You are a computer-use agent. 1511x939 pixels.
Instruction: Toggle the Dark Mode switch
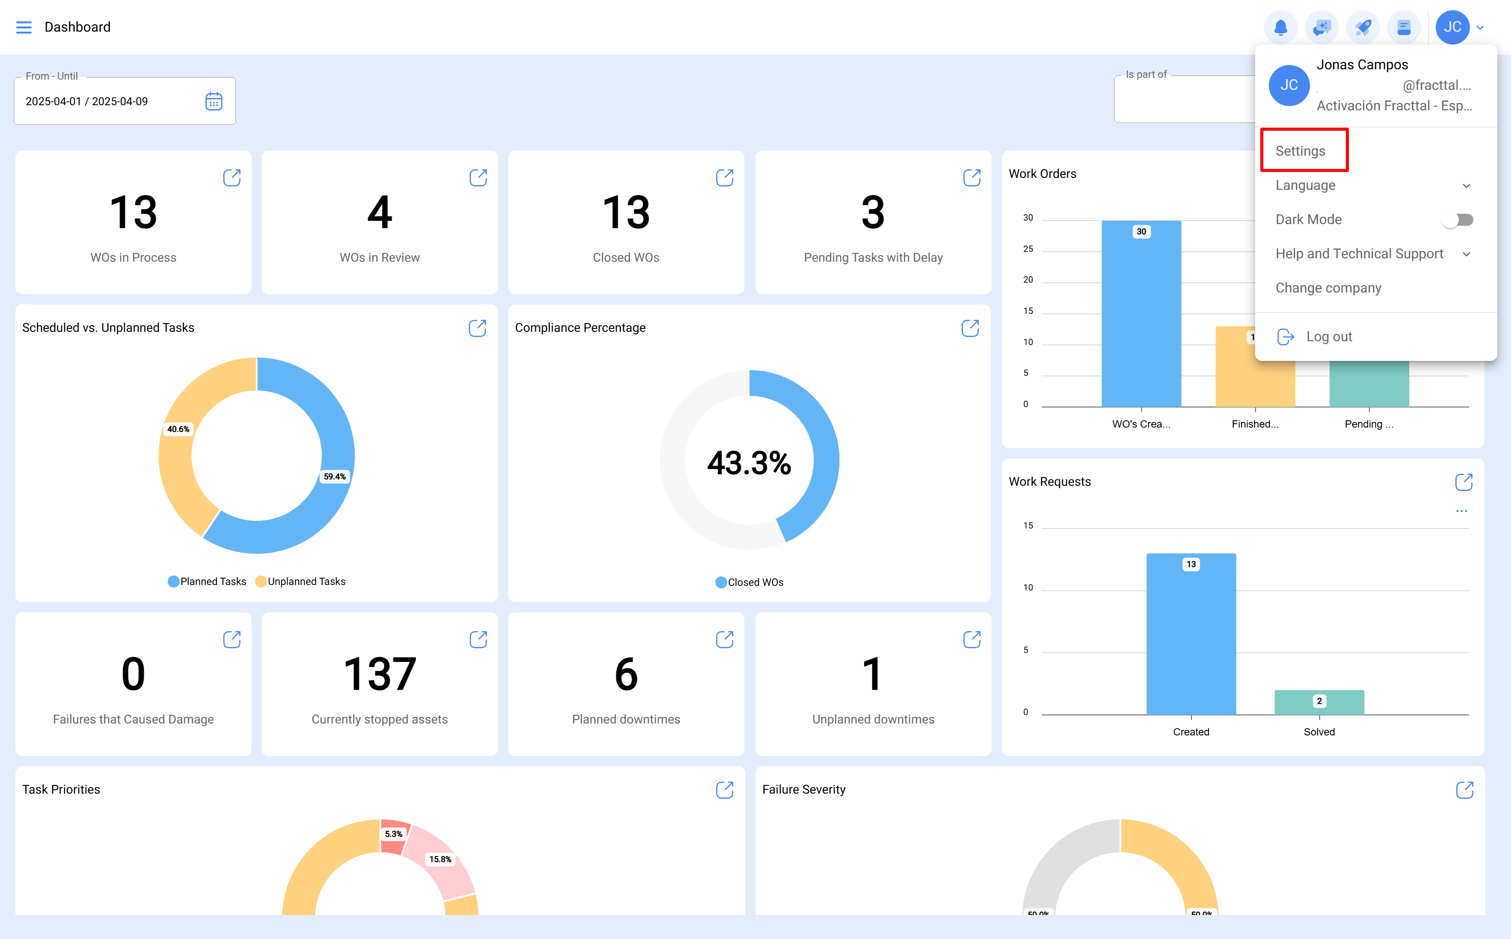click(x=1458, y=220)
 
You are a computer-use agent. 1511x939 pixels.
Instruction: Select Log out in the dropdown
click(x=1328, y=337)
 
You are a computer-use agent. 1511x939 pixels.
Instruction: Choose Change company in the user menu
click(x=1328, y=288)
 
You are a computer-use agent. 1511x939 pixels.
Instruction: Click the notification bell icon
click(x=1280, y=27)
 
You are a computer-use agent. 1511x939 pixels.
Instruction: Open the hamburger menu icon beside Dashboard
click(x=24, y=27)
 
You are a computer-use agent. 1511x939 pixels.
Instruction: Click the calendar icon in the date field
click(x=214, y=101)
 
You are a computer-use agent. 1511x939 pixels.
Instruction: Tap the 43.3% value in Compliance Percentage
click(x=749, y=463)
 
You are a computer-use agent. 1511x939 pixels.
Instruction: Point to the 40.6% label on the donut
click(x=178, y=429)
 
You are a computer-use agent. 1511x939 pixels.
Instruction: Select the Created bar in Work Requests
click(x=1191, y=640)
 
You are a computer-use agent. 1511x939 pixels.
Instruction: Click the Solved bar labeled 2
click(x=1318, y=703)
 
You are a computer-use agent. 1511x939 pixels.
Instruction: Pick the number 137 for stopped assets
click(x=379, y=674)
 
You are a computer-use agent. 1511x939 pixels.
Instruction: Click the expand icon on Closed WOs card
click(x=724, y=177)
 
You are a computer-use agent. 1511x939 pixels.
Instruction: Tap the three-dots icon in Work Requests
click(x=1461, y=511)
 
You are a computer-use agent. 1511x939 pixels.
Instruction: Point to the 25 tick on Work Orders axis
click(x=1028, y=249)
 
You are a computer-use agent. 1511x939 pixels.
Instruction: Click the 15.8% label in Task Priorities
click(x=440, y=859)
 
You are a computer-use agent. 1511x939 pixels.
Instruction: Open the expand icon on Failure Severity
click(x=1464, y=790)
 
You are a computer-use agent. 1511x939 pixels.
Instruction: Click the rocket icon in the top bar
click(x=1363, y=27)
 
